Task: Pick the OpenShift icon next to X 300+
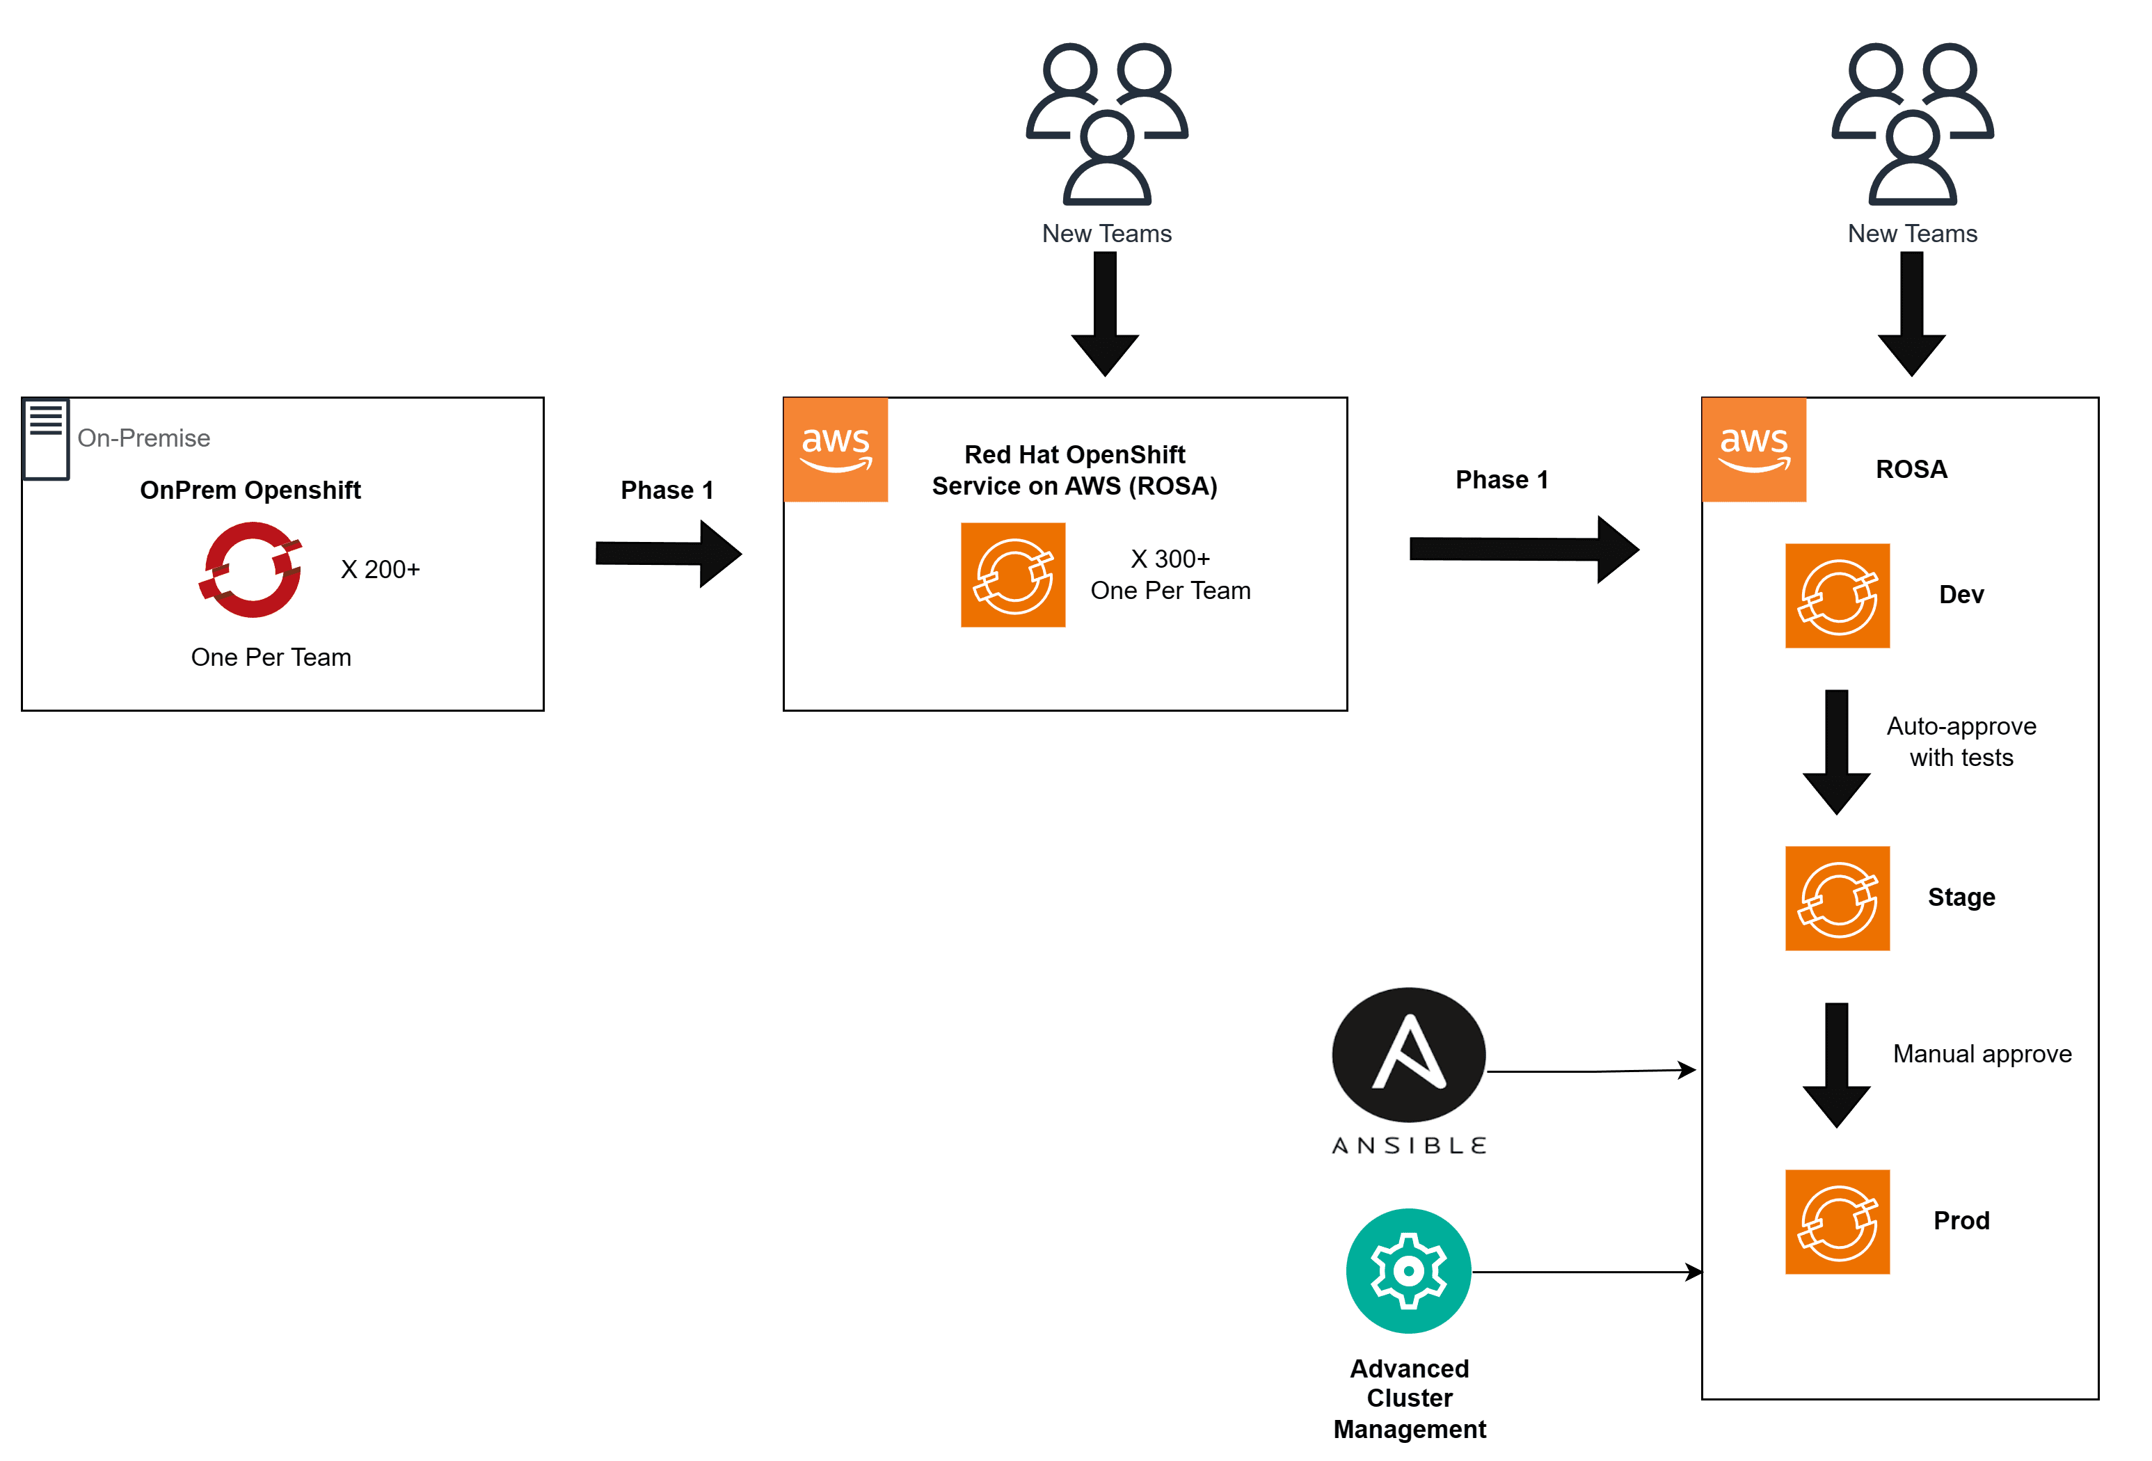click(1013, 575)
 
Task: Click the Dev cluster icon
click(1837, 596)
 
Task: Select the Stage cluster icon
click(1837, 899)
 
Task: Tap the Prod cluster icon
click(1837, 1222)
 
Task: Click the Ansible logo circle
click(1408, 1055)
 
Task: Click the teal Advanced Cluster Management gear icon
click(1408, 1271)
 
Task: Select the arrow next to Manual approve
click(1836, 1064)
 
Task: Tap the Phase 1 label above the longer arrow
click(1501, 479)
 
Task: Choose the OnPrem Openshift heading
click(250, 490)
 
